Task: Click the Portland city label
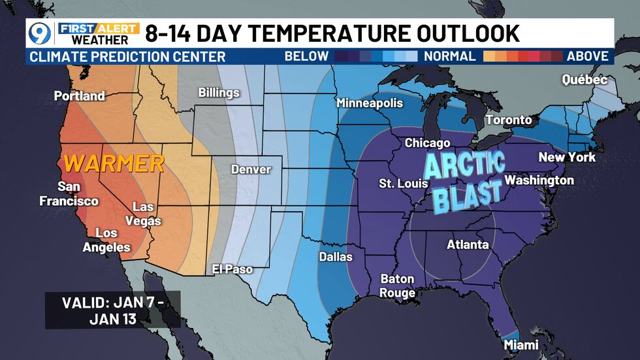pyautogui.click(x=79, y=96)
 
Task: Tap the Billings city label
pyautogui.click(x=219, y=93)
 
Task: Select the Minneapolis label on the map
pyautogui.click(x=370, y=103)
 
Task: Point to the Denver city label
pyautogui.click(x=251, y=169)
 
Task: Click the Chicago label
pyautogui.click(x=428, y=143)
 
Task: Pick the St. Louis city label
pyautogui.click(x=404, y=184)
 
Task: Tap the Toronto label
pyautogui.click(x=508, y=120)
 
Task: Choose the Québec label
pyautogui.click(x=584, y=80)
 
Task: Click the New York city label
pyautogui.click(x=567, y=157)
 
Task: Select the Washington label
pyautogui.click(x=539, y=180)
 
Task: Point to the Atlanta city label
pyautogui.click(x=468, y=245)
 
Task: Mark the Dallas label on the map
pyautogui.click(x=336, y=257)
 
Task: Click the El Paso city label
pyautogui.click(x=232, y=269)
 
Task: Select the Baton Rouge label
pyautogui.click(x=398, y=286)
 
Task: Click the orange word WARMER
pyautogui.click(x=114, y=163)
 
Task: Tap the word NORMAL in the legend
pyautogui.click(x=449, y=56)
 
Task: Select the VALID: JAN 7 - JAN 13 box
pyautogui.click(x=112, y=310)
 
